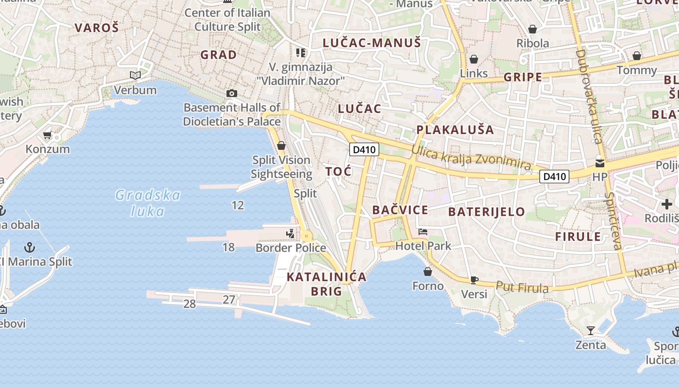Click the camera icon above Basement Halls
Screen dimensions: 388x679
click(232, 93)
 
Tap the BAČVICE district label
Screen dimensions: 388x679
click(400, 210)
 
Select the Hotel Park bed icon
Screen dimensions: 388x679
click(423, 232)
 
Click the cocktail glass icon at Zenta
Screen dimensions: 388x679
click(590, 331)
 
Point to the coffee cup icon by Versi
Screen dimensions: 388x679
click(474, 280)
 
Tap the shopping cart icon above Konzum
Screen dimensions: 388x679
click(48, 135)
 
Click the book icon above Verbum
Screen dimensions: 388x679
click(135, 76)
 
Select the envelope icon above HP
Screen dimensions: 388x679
click(600, 163)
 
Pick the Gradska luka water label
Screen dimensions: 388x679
click(148, 203)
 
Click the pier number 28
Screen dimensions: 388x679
click(190, 304)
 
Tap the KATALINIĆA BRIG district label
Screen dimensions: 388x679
click(326, 284)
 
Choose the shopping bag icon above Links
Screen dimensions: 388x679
click(474, 59)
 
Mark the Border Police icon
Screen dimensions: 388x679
click(290, 234)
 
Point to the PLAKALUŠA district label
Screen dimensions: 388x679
click(455, 130)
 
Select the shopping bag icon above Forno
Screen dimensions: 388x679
click(428, 272)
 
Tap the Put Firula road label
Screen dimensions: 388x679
click(522, 288)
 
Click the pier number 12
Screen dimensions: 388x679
click(238, 205)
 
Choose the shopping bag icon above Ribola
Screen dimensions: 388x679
click(533, 29)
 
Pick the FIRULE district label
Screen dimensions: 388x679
click(578, 237)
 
